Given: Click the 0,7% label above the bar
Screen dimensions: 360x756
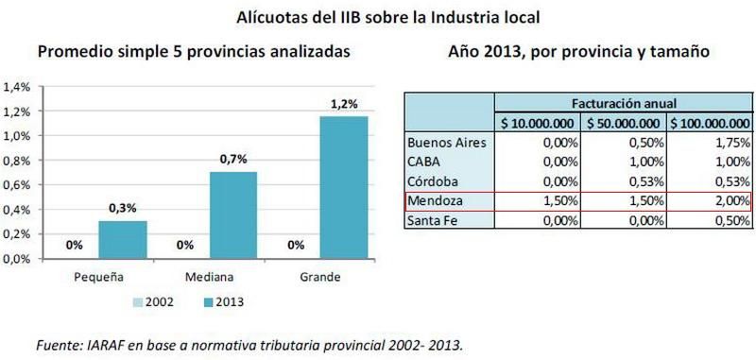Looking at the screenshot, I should [x=232, y=161].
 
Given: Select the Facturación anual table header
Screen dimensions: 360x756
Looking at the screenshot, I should [x=624, y=103].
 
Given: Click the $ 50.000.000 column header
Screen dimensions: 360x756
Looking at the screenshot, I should [x=624, y=123].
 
